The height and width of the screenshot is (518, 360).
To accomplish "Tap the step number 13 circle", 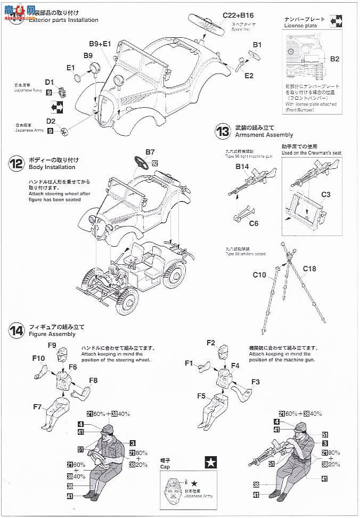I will pos(222,131).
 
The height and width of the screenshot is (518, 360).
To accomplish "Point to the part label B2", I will pos(334,59).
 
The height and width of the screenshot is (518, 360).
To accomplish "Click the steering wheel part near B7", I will pos(142,161).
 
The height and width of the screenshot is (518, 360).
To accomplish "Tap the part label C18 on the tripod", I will pos(310,269).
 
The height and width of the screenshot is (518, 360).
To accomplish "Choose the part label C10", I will pos(259,275).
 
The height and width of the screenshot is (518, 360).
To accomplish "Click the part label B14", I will pos(242,166).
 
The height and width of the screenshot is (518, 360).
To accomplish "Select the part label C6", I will pos(253,223).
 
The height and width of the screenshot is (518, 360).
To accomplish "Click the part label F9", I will pos(52,345).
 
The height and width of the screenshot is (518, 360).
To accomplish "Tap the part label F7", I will pos(37,407).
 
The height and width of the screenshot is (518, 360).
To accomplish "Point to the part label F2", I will pos(210,342).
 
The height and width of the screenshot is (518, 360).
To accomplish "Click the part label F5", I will pos(201,395).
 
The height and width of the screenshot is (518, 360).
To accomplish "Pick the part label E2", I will pos(249,76).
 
